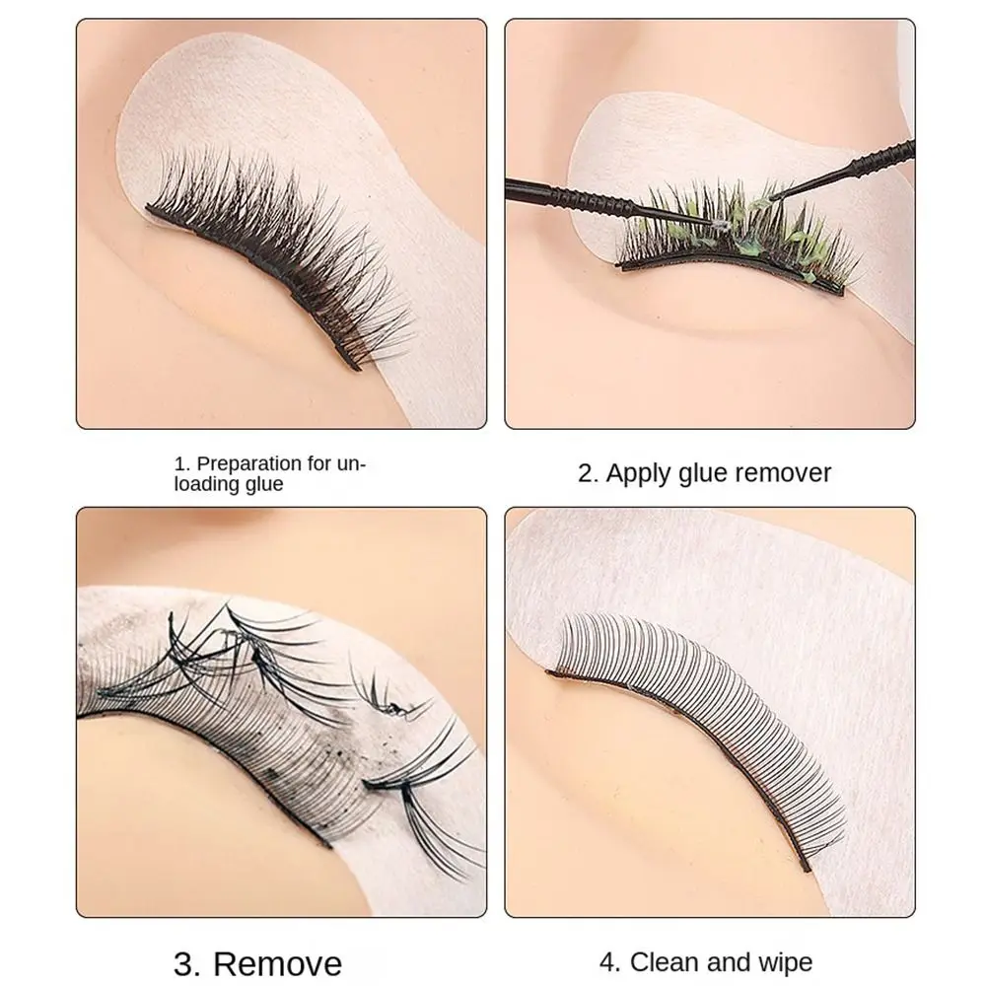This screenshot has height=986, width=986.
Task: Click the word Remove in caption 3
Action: point(279,961)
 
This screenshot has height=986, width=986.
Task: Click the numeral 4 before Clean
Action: point(609,961)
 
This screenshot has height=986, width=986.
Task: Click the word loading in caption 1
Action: point(205,483)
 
